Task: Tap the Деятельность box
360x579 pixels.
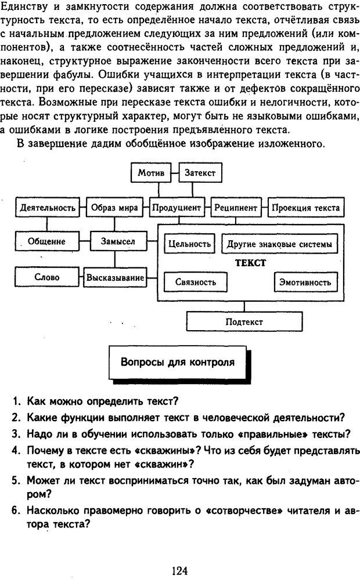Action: click(48, 207)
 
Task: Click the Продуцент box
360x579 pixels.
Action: click(177, 207)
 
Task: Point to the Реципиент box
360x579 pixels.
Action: click(235, 207)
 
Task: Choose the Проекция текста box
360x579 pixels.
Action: click(306, 207)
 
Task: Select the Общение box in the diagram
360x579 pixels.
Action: click(47, 241)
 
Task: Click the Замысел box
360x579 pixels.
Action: click(118, 241)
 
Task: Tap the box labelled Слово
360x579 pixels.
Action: click(47, 277)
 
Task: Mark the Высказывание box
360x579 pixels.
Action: click(115, 277)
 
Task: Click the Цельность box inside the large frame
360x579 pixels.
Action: click(189, 244)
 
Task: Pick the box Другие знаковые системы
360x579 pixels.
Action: click(279, 244)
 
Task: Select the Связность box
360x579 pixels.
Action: click(196, 282)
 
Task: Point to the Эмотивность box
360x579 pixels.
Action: click(305, 282)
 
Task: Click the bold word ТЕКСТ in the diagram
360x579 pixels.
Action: click(250, 263)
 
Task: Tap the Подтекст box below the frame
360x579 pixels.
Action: click(244, 321)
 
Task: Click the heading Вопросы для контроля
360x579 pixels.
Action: click(178, 363)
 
